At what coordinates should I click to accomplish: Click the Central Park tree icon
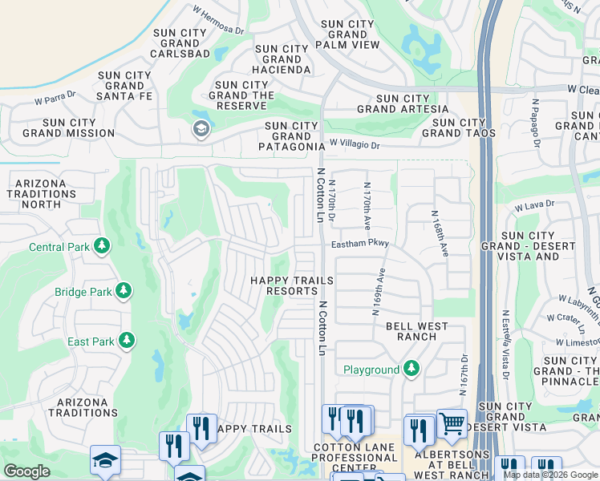click(102, 246)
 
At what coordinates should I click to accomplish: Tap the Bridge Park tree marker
click(124, 292)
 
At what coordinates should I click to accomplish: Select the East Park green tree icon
click(127, 342)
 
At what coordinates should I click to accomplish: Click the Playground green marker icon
click(411, 369)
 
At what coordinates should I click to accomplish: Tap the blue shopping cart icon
click(452, 422)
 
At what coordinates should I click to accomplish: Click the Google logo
click(26, 471)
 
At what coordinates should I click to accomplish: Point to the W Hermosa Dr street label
click(218, 20)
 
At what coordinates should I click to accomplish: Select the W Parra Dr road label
click(55, 101)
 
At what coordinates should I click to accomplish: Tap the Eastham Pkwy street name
click(359, 243)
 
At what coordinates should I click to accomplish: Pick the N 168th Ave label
click(439, 233)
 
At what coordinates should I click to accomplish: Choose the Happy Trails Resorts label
click(292, 285)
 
